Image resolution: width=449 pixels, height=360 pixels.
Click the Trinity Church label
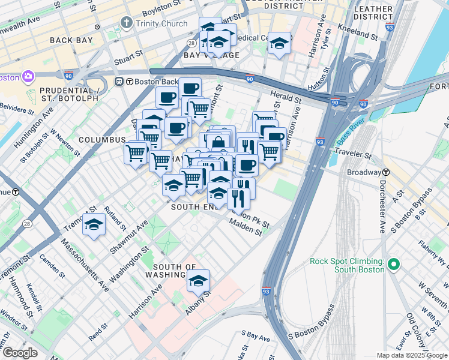click(x=161, y=23)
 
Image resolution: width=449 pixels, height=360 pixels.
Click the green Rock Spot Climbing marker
click(x=394, y=264)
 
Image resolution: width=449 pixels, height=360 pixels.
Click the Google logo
click(x=20, y=353)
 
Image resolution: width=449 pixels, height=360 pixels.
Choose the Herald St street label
click(x=286, y=97)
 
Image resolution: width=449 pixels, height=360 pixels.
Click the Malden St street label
click(x=246, y=227)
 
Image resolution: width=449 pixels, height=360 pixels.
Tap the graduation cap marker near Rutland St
click(x=94, y=224)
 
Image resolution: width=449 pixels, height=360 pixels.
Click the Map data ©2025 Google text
click(x=411, y=355)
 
